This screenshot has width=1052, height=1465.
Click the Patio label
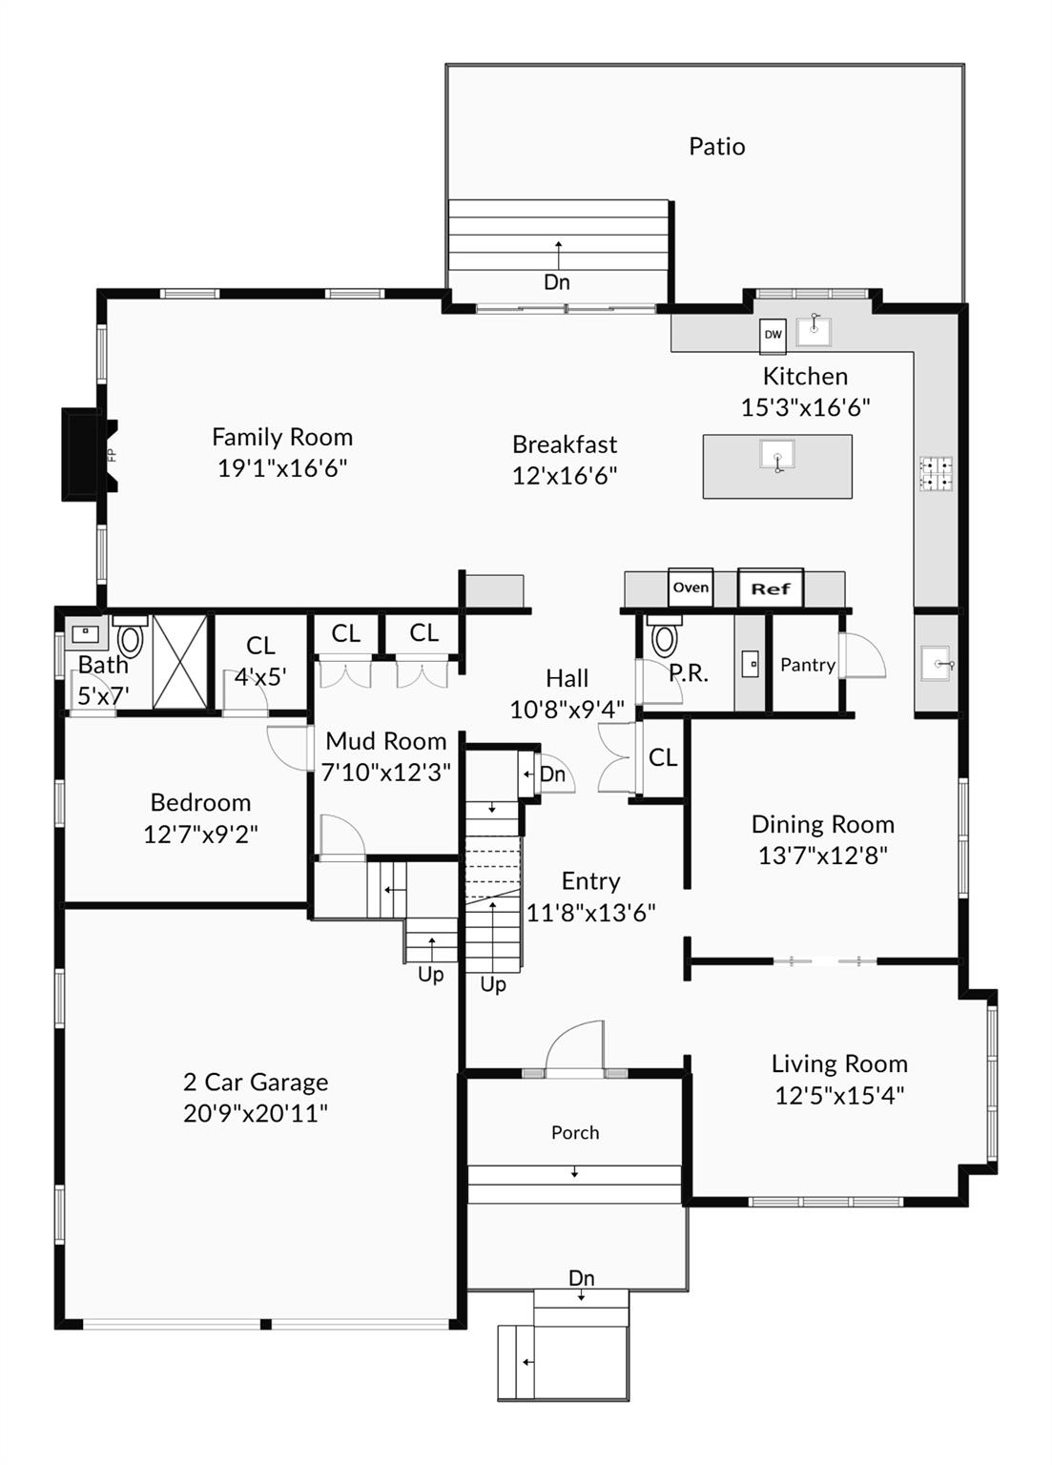[716, 147]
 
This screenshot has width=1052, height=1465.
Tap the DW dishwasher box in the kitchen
[773, 335]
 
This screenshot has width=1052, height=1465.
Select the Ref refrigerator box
[771, 588]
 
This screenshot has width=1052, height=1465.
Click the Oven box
[691, 588]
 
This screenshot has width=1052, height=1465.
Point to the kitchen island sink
[777, 455]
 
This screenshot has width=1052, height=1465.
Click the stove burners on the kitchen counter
[936, 473]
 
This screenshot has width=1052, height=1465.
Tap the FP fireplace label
[112, 455]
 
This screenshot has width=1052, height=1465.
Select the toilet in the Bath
[131, 637]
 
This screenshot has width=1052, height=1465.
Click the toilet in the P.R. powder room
[664, 637]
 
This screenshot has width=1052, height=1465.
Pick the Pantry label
[808, 665]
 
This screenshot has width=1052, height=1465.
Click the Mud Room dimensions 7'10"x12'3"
[385, 773]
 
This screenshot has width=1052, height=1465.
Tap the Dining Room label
[822, 824]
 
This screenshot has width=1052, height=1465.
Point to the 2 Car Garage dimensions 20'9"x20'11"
[256, 1112]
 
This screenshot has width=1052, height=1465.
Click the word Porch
[575, 1132]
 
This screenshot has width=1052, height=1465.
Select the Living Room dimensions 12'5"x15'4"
[839, 1095]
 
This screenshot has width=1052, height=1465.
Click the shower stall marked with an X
[180, 662]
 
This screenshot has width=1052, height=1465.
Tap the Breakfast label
[565, 444]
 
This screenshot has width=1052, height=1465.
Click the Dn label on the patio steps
[556, 282]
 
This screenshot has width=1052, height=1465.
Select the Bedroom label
[200, 802]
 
